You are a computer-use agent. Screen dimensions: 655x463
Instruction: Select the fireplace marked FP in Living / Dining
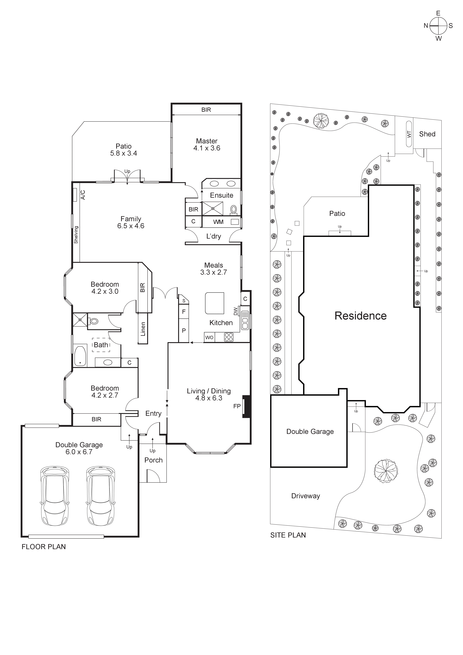pyautogui.click(x=246, y=406)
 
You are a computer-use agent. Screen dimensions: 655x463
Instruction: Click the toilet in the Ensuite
pyautogui.click(x=233, y=210)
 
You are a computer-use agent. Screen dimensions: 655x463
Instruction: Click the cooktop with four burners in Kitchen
pyautogui.click(x=229, y=337)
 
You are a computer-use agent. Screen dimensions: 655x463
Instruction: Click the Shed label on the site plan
pyautogui.click(x=427, y=134)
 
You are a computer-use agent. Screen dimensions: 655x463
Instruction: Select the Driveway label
pyautogui.click(x=306, y=496)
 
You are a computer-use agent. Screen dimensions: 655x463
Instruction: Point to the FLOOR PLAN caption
pyautogui.click(x=44, y=547)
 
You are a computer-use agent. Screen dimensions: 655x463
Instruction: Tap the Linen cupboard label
pyautogui.click(x=143, y=329)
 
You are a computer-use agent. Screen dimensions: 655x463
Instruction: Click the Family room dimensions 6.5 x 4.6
pyautogui.click(x=131, y=226)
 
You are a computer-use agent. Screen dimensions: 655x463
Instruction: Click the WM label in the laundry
pyautogui.click(x=218, y=222)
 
